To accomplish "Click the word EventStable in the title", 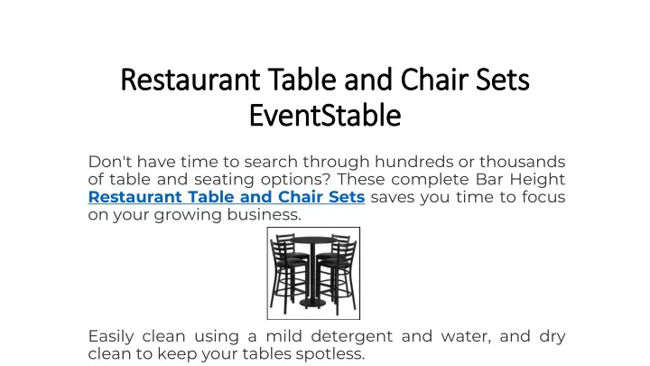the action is click(325, 116).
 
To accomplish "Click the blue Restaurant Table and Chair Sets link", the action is click(227, 197).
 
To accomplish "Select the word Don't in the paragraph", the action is click(110, 162).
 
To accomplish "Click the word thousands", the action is click(523, 162).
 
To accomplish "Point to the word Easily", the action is click(111, 337).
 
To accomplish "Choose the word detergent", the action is click(351, 337).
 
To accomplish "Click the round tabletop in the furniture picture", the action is click(314, 239).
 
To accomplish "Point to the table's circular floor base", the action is click(313, 305).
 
